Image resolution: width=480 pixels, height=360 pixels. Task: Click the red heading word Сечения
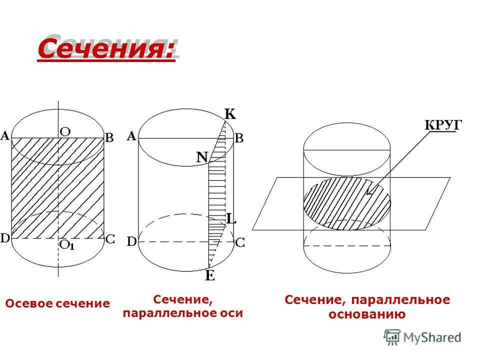pos(106,49)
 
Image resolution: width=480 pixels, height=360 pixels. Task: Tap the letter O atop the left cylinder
pos(65,131)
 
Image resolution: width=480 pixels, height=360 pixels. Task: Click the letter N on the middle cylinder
pos(201,157)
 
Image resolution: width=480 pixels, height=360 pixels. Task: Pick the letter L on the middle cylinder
pos(230,218)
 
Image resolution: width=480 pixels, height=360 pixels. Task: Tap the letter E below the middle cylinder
pos(210,275)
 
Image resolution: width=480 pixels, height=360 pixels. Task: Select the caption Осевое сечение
pos(57,303)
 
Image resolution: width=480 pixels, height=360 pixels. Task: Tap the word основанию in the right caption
pos(366,314)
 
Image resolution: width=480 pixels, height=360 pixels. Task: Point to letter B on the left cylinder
pos(109,138)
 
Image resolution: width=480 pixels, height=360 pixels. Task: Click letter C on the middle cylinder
pos(239,242)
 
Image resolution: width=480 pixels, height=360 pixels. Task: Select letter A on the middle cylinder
pos(132,136)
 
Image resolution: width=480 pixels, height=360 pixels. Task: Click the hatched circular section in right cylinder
pos(340,202)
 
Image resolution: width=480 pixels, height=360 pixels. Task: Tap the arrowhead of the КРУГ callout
pos(368,192)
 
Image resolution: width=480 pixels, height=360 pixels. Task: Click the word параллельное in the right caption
pos(400,300)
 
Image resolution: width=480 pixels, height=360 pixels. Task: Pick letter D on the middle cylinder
pos(132,242)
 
